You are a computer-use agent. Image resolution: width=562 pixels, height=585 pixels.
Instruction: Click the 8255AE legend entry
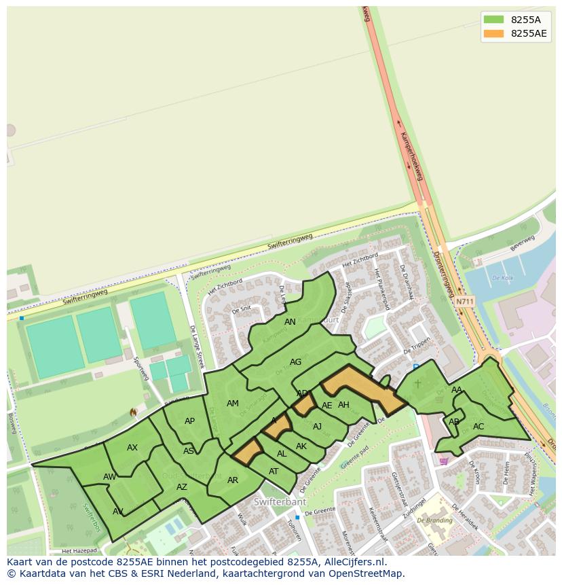point(529,33)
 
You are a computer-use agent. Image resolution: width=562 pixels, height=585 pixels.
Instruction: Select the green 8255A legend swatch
point(493,20)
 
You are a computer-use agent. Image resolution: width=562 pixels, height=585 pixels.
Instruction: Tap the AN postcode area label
point(290,322)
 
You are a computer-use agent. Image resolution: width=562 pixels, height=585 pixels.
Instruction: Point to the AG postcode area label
point(295,362)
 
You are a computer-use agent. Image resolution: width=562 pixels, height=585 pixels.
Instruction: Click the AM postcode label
point(233,404)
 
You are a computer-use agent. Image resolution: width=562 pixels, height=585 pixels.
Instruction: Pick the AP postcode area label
point(189,421)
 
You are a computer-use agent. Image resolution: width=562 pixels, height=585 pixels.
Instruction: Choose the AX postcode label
point(132,448)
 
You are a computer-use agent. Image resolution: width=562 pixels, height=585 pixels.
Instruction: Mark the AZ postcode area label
point(182,487)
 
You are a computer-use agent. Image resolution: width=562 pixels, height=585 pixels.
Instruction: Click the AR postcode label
point(233,480)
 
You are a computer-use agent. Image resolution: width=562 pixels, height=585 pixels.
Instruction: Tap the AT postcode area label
point(274,472)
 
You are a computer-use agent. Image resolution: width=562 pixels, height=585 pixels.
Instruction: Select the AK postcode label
point(301,446)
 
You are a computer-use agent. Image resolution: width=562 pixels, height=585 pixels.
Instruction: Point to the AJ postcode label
point(317,427)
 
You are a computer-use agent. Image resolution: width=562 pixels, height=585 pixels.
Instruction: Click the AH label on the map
point(343,405)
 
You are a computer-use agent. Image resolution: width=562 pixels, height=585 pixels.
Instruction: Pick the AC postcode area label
point(479,427)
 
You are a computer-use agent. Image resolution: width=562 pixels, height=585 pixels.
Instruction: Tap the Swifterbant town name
point(280,502)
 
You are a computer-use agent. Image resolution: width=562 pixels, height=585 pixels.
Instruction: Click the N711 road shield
point(465,301)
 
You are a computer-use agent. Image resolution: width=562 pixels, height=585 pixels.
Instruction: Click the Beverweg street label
point(523,244)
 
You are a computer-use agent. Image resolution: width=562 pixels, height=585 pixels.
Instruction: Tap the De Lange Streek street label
point(197,347)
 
